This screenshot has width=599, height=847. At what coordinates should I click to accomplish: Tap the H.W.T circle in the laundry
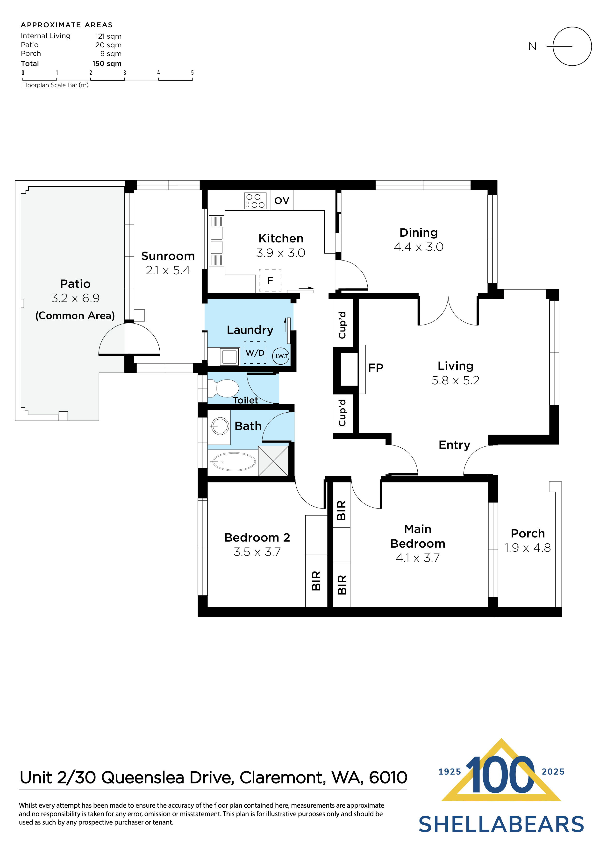[x=280, y=356]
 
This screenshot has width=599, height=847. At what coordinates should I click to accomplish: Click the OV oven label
[x=282, y=201]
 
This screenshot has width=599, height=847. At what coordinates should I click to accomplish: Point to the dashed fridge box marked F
[x=270, y=280]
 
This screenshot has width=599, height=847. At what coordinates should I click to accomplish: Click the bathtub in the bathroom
[x=234, y=461]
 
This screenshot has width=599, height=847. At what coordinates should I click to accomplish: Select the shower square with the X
[x=273, y=461]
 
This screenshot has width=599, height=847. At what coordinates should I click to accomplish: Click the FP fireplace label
[x=376, y=368]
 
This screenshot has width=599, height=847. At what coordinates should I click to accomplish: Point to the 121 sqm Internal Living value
[x=108, y=36]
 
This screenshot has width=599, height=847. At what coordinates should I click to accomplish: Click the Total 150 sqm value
[x=107, y=64]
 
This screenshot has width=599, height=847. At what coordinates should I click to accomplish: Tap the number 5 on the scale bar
[x=192, y=73]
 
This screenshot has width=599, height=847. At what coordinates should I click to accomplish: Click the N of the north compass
[x=532, y=47]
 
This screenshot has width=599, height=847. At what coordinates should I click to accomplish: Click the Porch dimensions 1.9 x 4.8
[x=528, y=548]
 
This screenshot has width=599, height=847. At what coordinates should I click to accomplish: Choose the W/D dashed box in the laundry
[x=255, y=353]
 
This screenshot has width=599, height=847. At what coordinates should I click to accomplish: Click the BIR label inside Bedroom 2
[x=316, y=581]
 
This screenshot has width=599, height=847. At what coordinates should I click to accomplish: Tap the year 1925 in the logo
[x=449, y=772]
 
